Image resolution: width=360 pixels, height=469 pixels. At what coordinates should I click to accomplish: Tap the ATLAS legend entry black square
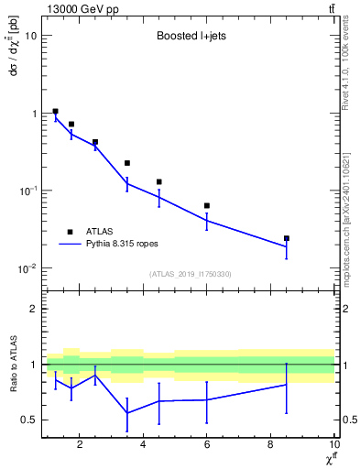[x=69, y=232]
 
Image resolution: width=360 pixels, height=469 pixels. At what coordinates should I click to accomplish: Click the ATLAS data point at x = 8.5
[x=287, y=238]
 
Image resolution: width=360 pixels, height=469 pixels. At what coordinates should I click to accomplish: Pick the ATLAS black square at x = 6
[x=207, y=205]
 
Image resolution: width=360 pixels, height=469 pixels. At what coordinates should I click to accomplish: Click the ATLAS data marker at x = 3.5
[x=127, y=163]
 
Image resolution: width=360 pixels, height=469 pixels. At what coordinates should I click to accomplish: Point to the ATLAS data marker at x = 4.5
[x=159, y=181]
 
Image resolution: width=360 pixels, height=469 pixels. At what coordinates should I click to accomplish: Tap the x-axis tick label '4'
[x=143, y=445]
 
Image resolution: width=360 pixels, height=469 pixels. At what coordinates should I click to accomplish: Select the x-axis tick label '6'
[x=207, y=445]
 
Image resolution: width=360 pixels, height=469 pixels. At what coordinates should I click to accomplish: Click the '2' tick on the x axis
[x=80, y=445]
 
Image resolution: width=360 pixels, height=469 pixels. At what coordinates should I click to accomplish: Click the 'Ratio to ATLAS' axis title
[x=12, y=364]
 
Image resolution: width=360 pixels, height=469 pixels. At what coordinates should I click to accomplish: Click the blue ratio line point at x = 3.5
[x=127, y=413]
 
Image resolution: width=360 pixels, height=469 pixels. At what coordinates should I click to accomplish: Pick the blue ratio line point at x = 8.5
[x=287, y=385]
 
